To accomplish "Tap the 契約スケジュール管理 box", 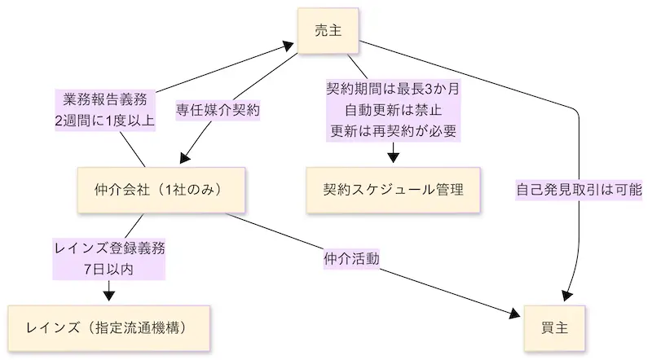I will click(394, 191).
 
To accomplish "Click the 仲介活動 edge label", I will click(353, 259).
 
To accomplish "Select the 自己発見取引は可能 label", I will click(579, 190).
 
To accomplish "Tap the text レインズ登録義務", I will click(109, 249).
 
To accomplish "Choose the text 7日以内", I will click(109, 270).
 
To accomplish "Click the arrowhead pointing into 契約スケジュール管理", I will click(394, 156).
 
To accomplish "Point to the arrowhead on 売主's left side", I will click(290, 45).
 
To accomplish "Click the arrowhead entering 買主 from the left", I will click(515, 316).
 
